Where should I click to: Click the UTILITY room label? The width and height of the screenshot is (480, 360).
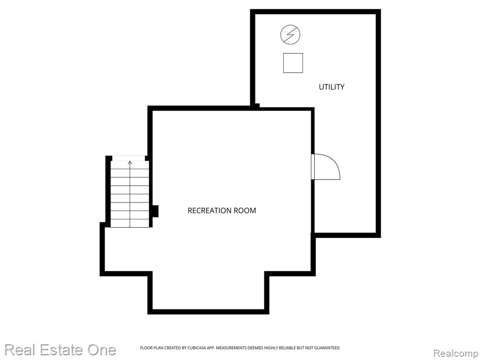coord(331,87)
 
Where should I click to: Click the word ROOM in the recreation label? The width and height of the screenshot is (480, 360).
coord(245,210)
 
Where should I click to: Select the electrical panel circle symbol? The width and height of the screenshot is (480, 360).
coord(290,34)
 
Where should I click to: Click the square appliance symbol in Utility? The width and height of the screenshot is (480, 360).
coord(293,63)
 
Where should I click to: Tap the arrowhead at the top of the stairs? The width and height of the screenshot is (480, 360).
coord(130,163)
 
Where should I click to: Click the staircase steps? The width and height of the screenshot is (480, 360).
coord(130,194)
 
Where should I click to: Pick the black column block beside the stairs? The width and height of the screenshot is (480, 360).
coord(155,211)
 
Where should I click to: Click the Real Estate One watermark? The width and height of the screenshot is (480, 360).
coord(60,350)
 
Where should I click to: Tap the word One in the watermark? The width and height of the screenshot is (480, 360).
coord(102,350)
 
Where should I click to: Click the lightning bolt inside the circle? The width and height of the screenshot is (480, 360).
coord(290,34)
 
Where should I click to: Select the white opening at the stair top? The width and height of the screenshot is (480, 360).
coord(128,158)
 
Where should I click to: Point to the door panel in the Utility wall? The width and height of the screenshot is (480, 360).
coord(313,166)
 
